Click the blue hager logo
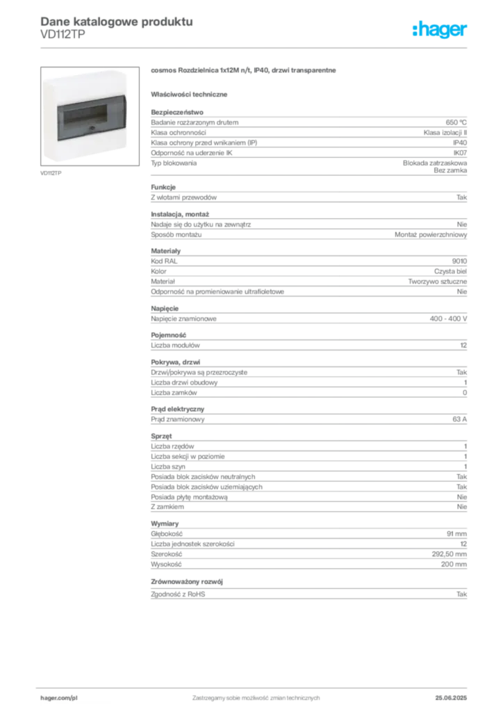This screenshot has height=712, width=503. pos(440,30)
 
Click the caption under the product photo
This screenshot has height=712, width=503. pos(53,171)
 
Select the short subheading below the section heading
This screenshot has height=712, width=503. pos(191,92)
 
